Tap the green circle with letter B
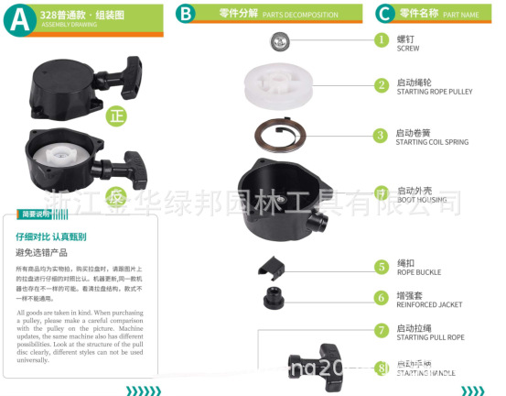point(187,14)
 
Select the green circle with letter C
point(385,14)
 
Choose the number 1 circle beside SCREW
point(382,40)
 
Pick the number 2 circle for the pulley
point(382,86)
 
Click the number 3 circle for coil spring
point(382,135)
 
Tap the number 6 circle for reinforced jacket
point(382,298)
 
